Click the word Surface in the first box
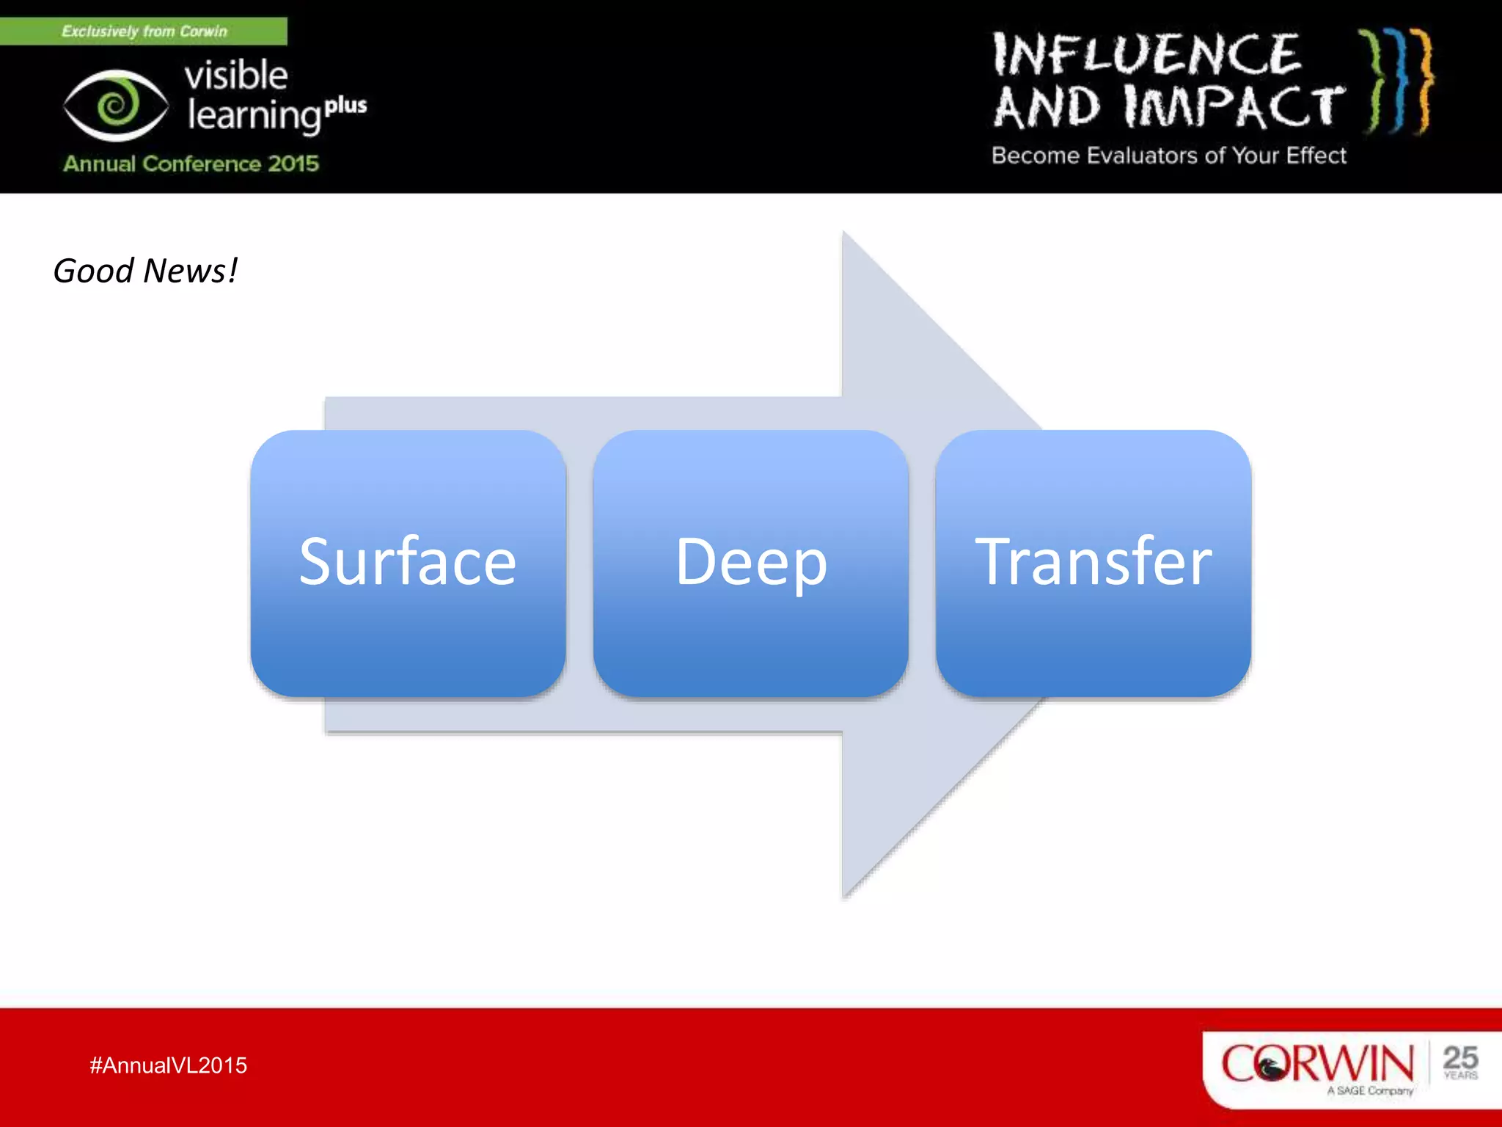(408, 562)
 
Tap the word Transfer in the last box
(1093, 562)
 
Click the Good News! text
(145, 271)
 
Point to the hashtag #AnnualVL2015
(168, 1065)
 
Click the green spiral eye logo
(116, 106)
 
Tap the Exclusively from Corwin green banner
(144, 31)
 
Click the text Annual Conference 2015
(191, 163)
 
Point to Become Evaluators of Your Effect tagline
(1168, 156)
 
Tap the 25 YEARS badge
(1459, 1062)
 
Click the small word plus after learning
(345, 106)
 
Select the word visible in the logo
(235, 75)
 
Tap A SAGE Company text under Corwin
(1369, 1091)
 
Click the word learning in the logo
(254, 116)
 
